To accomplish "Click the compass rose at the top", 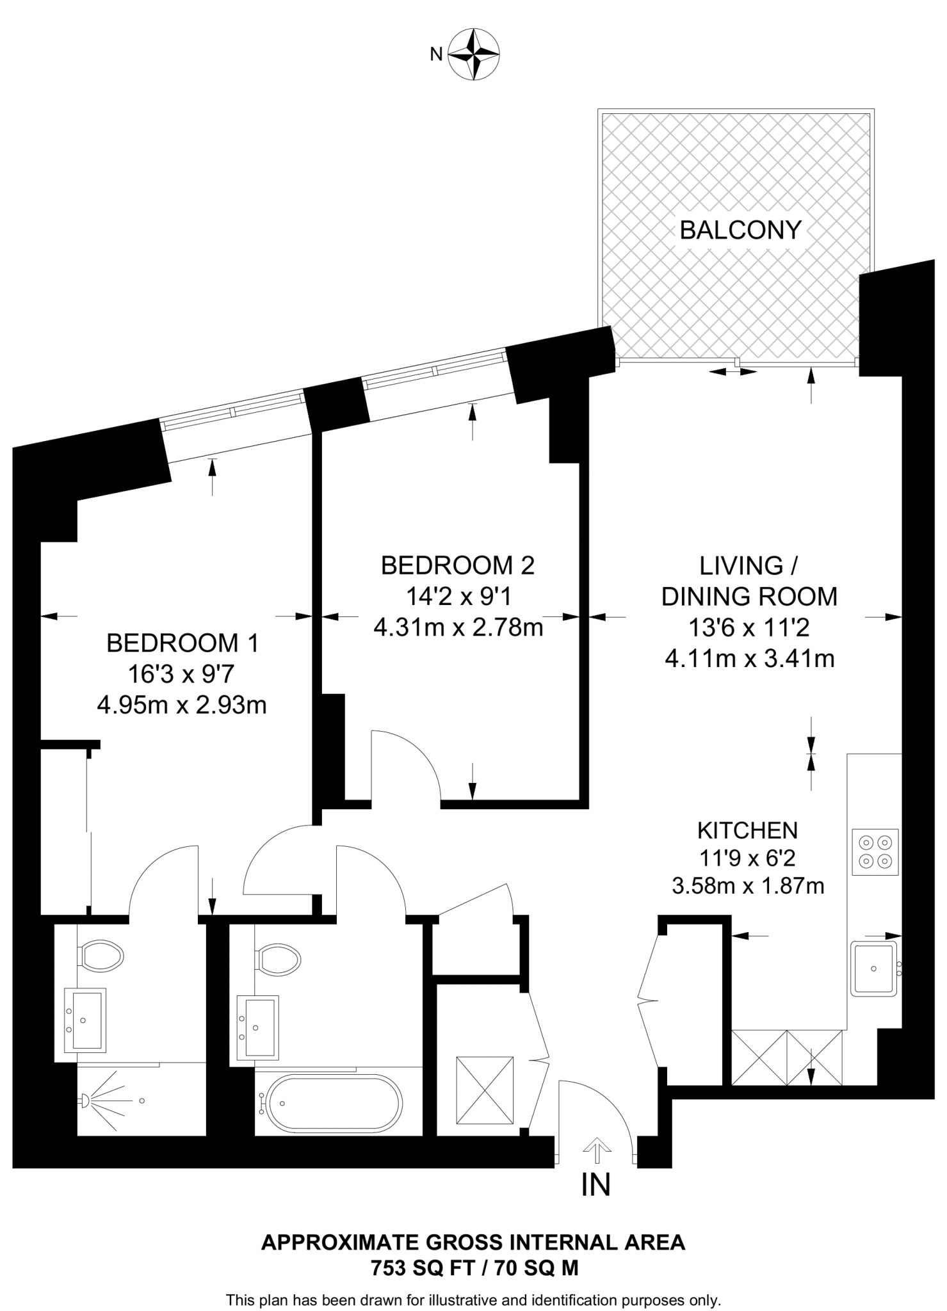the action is pyautogui.click(x=473, y=54).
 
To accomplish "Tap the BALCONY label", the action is pyautogui.click(x=740, y=230).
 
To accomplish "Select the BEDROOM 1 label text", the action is pyautogui.click(x=182, y=643).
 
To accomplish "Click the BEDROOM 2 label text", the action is pyautogui.click(x=458, y=565).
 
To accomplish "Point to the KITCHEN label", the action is pyautogui.click(x=747, y=830).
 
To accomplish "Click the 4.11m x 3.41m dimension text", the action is pyautogui.click(x=750, y=659).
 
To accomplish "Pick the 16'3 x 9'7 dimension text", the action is pyautogui.click(x=182, y=674).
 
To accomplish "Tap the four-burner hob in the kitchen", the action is pyautogui.click(x=875, y=852).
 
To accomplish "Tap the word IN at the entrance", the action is pyautogui.click(x=595, y=1185).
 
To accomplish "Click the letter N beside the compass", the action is pyautogui.click(x=436, y=55).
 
